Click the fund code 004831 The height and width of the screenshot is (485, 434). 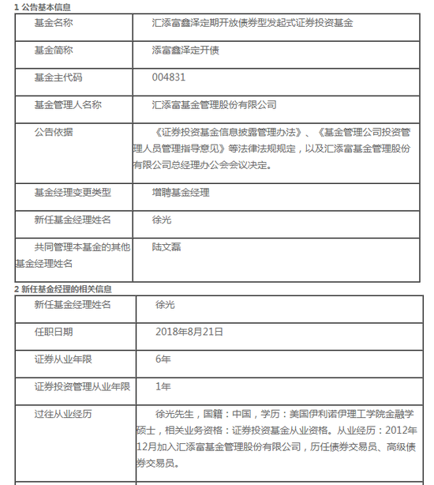point(168,77)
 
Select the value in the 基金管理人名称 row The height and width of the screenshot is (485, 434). point(214,104)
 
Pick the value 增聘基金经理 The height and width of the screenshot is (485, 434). point(181,192)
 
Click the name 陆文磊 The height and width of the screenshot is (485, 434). point(166,246)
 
